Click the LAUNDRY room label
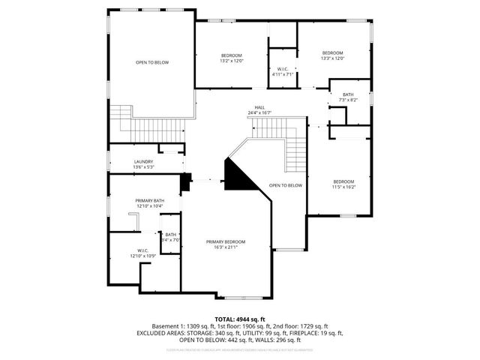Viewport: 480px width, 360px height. [144, 162]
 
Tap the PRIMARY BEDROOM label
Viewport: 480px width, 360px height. [226, 241]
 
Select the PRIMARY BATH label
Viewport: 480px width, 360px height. [149, 200]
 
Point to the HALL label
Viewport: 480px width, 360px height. [259, 107]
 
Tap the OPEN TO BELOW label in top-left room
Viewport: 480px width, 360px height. [151, 62]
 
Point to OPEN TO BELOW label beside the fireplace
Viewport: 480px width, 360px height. [286, 185]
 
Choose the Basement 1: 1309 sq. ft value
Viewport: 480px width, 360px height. [179, 326]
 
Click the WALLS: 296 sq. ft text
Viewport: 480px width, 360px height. [285, 340]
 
